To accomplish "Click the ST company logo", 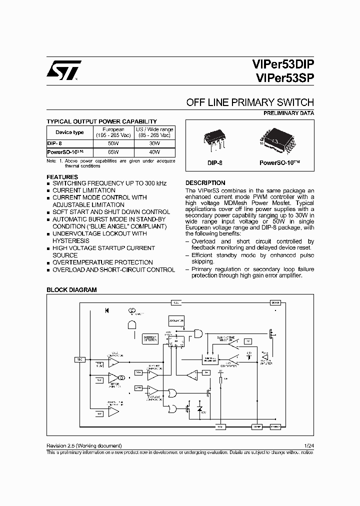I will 61,71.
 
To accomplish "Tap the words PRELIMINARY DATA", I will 288,113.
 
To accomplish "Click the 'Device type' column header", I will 69,132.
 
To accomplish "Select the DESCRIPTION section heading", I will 205,183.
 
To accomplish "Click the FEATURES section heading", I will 62,177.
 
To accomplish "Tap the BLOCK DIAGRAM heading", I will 71,290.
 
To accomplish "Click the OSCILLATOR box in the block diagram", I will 176,320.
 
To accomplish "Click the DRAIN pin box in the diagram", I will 275,302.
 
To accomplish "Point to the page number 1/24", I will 308,445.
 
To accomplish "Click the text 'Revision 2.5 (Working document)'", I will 84,445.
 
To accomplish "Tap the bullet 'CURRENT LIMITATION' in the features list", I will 83,190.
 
